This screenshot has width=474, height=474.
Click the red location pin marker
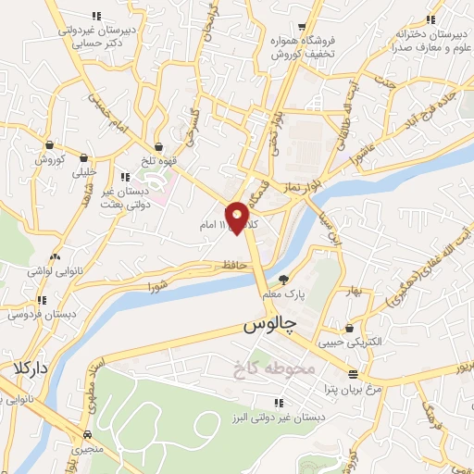239,217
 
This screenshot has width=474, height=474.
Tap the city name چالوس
270,328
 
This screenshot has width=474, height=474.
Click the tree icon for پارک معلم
284,279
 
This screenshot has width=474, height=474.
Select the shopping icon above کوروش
50,144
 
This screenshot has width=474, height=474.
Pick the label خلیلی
84,170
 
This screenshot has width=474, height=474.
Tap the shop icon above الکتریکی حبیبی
348,327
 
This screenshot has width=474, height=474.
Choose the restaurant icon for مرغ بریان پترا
352,374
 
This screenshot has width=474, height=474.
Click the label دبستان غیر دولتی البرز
279,417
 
